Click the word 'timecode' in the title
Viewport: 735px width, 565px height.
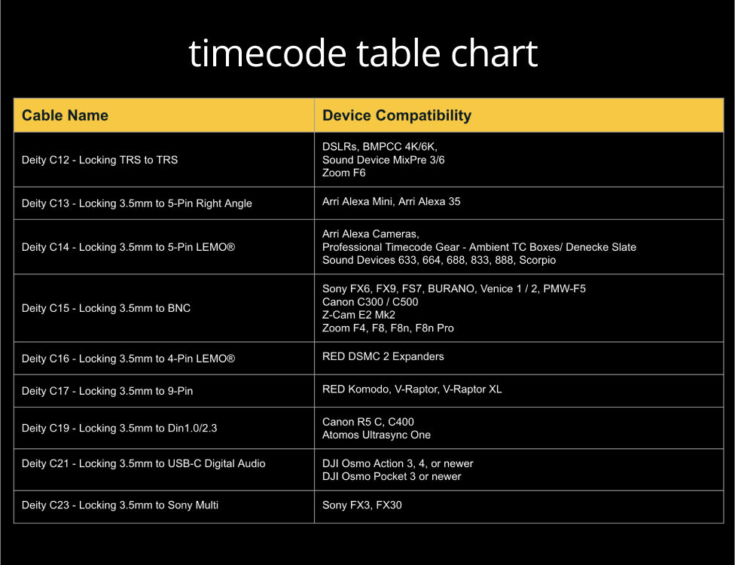tap(267, 53)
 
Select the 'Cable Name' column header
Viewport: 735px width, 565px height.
tap(66, 115)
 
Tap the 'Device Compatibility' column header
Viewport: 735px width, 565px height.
tap(397, 115)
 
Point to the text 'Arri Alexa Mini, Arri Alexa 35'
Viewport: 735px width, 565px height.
tap(391, 202)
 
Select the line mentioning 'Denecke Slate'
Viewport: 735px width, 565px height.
tap(479, 247)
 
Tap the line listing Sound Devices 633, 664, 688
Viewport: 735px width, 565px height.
tap(439, 260)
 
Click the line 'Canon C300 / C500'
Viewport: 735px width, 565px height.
tap(371, 302)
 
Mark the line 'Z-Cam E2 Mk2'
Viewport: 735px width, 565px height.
tap(358, 315)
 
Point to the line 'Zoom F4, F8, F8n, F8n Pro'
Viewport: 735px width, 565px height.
tap(388, 328)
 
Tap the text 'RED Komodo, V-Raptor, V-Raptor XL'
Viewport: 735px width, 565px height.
tap(412, 389)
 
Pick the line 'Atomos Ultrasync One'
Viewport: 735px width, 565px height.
tap(377, 435)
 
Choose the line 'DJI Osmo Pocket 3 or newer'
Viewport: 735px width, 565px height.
tap(392, 476)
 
